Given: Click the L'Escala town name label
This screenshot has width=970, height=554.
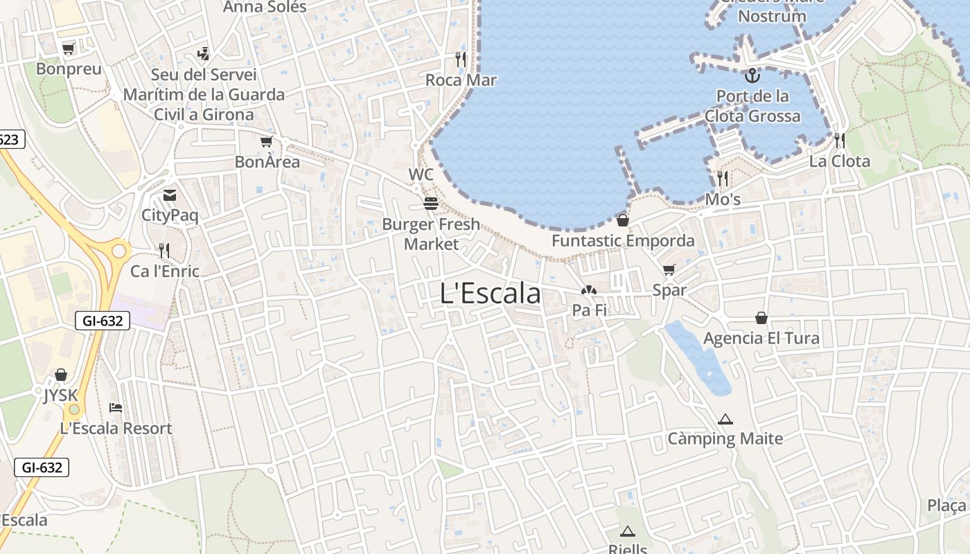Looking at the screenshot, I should click(x=490, y=294).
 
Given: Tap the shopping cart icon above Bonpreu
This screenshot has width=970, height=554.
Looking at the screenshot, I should click(x=68, y=48).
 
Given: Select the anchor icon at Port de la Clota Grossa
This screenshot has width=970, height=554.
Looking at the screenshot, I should click(x=752, y=75).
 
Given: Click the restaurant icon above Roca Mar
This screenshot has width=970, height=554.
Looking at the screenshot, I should click(x=461, y=59).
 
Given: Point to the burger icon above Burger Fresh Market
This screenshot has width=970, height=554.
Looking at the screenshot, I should click(x=431, y=204).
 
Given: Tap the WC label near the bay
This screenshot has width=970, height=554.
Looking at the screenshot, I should click(x=421, y=175).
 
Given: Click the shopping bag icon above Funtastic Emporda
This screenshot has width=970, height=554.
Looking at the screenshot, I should click(x=623, y=220).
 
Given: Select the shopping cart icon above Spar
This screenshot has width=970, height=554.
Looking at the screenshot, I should click(x=669, y=270).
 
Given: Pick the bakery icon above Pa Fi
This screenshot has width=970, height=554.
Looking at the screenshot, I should click(x=589, y=291).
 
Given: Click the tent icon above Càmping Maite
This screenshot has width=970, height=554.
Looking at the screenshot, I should click(x=725, y=419).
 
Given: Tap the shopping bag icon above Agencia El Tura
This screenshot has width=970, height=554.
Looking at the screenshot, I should click(x=761, y=318).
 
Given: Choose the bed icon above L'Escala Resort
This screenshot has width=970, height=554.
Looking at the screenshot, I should click(x=116, y=407).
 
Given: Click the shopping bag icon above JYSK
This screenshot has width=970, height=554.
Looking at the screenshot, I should click(x=61, y=375).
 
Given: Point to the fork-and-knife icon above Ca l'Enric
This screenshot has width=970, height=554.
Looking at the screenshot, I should click(x=164, y=250).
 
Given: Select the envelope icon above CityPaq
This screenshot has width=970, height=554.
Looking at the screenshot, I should click(x=170, y=195).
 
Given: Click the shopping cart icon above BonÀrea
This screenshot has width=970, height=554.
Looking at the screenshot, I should click(x=267, y=142).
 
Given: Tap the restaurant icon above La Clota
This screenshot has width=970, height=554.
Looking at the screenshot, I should click(x=840, y=141).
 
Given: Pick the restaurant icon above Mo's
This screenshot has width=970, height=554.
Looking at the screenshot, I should click(x=723, y=179).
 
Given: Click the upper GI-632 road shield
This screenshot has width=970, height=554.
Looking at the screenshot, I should click(x=102, y=321).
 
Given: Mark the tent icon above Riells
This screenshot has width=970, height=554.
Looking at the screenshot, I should click(x=628, y=531).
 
